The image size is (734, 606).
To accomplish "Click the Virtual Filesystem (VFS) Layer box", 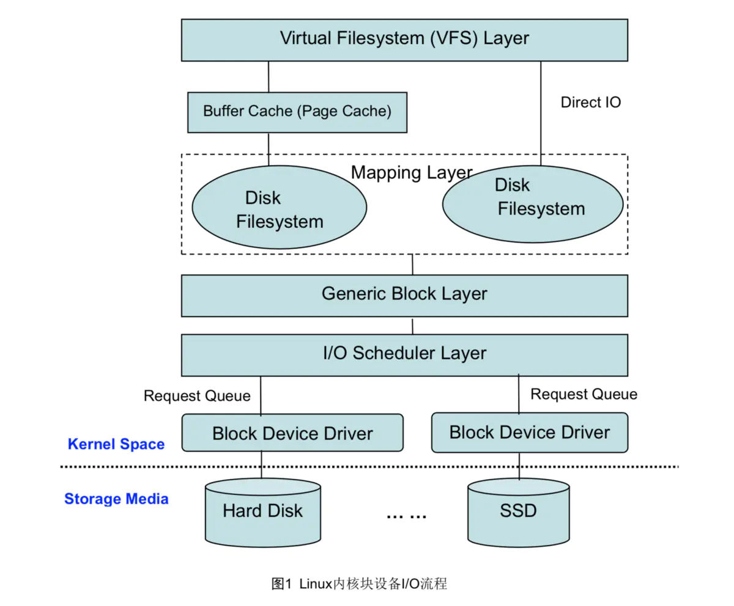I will coord(404,40).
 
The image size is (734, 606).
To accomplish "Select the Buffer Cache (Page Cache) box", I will coord(297,112).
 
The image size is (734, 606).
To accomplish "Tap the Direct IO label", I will coord(590,103).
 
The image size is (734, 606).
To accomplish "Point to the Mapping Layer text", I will coord(411,172).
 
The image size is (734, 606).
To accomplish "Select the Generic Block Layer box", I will coord(404,294).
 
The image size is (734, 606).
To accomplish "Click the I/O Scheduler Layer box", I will coord(404,354).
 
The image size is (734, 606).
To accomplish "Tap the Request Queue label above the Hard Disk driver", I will coord(197,396).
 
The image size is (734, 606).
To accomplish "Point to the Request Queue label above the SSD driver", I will coord(584,394).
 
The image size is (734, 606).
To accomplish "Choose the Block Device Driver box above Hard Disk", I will coord(292,433).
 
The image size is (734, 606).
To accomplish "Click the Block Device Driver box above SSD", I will coord(529,433).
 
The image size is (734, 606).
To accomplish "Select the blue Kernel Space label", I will coord(116,444).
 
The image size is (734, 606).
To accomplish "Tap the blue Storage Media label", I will coord(116,499).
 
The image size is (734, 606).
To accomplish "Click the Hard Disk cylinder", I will coord(262,511).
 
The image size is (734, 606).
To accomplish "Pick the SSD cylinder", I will coord(519,511).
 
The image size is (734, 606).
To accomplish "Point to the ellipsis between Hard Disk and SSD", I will coord(406,515).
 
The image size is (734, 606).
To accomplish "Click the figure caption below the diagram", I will coord(359,583).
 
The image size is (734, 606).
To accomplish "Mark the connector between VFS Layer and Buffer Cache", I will coord(269,77).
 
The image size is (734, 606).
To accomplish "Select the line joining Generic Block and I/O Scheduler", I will coord(412,326).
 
